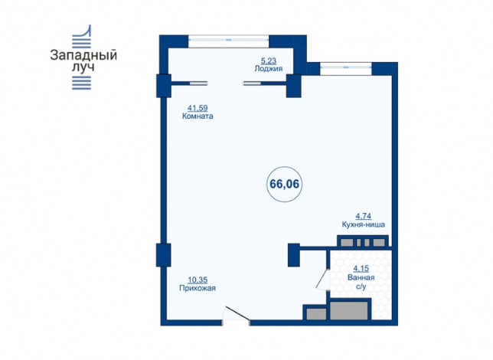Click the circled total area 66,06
point(284,184)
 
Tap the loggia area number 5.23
point(269,61)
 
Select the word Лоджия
point(269,69)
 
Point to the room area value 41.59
point(198,108)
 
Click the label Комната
point(198,116)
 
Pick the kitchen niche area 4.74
point(363,216)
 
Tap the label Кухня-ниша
point(364,224)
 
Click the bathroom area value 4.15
point(361,269)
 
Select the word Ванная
point(361,277)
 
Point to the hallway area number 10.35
point(198,280)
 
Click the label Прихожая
point(198,288)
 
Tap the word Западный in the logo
point(83,55)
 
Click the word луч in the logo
point(83,67)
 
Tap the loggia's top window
point(229,40)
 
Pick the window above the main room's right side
point(346,67)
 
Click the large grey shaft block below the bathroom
point(349,310)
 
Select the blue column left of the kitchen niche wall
point(294,255)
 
